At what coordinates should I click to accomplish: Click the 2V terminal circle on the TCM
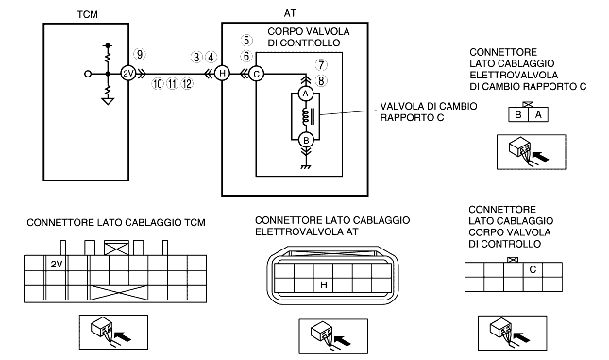pyautogui.click(x=127, y=73)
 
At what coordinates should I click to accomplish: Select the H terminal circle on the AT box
pyautogui.click(x=222, y=73)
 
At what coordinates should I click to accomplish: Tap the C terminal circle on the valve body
pyautogui.click(x=256, y=74)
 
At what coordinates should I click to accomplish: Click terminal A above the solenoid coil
pyautogui.click(x=306, y=94)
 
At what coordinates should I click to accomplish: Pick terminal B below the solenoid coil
pyautogui.click(x=306, y=140)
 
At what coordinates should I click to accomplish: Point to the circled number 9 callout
pyautogui.click(x=140, y=54)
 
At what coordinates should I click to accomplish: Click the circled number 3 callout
pyautogui.click(x=197, y=57)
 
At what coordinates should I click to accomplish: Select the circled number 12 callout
pyautogui.click(x=187, y=83)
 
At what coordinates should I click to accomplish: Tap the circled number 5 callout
pyautogui.click(x=246, y=40)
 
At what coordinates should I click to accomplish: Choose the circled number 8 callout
pyautogui.click(x=321, y=80)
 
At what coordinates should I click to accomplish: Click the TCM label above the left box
pyautogui.click(x=88, y=15)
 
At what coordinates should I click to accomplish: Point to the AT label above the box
pyautogui.click(x=290, y=13)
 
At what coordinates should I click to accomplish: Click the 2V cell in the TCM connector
pyautogui.click(x=57, y=264)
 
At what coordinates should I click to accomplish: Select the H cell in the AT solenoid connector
pyautogui.click(x=324, y=285)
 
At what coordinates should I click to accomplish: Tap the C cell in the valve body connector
pyautogui.click(x=533, y=269)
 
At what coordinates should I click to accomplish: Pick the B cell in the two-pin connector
pyautogui.click(x=518, y=115)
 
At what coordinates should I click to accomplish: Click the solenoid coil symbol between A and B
pyautogui.click(x=307, y=116)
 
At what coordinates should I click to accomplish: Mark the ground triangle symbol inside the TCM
pyautogui.click(x=108, y=101)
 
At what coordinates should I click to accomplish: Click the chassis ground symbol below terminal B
pyautogui.click(x=306, y=167)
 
